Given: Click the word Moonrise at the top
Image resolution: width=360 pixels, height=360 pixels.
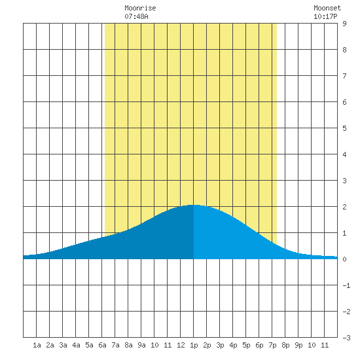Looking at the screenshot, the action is [x=140, y=8].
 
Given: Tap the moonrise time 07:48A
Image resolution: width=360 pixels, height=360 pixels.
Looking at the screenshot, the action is [x=136, y=16].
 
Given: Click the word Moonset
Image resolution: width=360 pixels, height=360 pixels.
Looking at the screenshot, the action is [x=327, y=8].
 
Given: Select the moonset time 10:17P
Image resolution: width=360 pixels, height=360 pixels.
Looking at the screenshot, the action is [x=325, y=16].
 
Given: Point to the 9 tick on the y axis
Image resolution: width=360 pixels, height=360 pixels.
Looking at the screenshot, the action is [x=344, y=24].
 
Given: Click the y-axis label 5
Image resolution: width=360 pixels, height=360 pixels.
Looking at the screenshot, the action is [x=344, y=128].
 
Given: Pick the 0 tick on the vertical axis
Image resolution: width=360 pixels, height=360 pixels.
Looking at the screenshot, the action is [x=344, y=259].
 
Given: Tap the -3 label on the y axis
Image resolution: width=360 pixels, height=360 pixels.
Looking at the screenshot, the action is [x=346, y=338].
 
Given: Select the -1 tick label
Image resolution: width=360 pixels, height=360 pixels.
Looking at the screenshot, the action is [x=346, y=285].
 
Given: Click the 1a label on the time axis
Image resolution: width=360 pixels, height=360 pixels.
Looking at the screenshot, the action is [x=37, y=345].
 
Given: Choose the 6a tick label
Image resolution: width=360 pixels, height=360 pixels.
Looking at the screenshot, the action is [x=102, y=345].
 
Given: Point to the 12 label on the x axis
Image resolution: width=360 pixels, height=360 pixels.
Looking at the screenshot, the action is [x=181, y=345].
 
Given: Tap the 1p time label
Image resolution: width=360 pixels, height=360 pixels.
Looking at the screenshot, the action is [x=194, y=345].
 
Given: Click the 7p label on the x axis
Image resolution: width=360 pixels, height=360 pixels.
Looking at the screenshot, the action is [x=272, y=345].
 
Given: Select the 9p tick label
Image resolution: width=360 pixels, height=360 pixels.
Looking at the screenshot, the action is [x=298, y=345].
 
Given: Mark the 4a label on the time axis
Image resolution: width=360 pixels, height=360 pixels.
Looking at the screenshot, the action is [x=76, y=345].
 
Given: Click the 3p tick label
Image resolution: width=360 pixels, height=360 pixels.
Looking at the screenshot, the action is [x=220, y=345].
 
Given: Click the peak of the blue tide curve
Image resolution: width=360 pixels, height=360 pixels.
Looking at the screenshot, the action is [x=192, y=205].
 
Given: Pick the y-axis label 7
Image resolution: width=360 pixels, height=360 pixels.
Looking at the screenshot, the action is [x=344, y=76].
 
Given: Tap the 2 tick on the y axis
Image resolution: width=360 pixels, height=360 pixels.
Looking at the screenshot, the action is [x=344, y=207].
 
